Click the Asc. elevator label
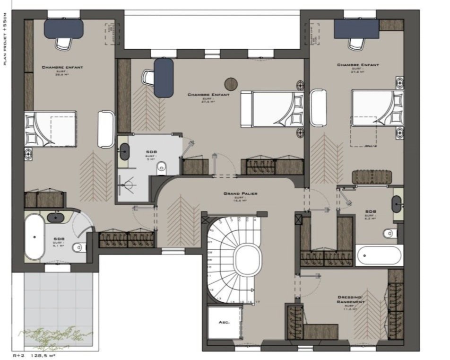tap(224, 322)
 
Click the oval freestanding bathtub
tap(34, 237)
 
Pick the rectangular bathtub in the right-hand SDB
tap(380, 256)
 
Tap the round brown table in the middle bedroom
tap(231, 83)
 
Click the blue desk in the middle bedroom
tap(164, 77)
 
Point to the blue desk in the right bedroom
tap(357, 29)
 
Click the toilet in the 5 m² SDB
tap(162, 166)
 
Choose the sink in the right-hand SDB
tap(396, 204)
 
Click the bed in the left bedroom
tap(51, 129)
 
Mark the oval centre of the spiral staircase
tap(248, 260)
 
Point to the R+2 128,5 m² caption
tap(34, 355)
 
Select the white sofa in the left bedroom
tap(105, 129)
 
